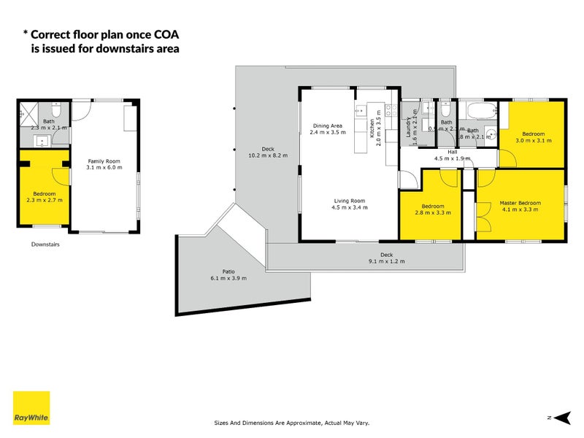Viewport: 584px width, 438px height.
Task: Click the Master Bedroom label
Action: [520, 202]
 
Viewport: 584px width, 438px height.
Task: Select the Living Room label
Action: [350, 201]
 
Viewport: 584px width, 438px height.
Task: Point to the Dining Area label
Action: [326, 126]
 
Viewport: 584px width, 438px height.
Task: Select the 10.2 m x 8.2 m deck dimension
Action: [268, 155]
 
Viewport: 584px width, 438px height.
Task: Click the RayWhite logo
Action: [31, 408]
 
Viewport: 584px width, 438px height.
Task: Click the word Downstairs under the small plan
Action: [45, 245]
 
